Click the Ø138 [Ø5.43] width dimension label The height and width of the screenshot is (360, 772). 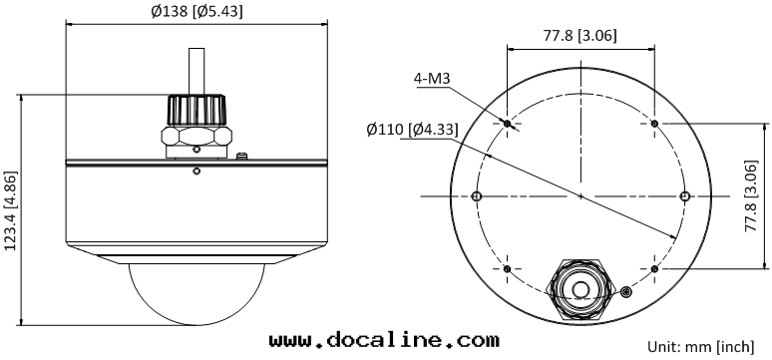point(196,11)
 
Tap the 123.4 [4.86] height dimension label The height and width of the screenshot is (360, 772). point(10,210)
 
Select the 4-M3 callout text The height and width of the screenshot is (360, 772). point(433,79)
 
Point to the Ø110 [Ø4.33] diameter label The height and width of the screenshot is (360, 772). point(413,130)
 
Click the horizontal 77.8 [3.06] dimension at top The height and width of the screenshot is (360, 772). point(579,36)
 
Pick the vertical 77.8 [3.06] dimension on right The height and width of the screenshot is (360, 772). point(750,195)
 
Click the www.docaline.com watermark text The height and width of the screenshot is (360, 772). point(384,340)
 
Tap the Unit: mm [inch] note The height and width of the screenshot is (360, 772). point(700,347)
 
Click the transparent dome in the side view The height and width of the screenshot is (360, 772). point(196,294)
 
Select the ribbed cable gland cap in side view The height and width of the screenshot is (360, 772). point(196,110)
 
